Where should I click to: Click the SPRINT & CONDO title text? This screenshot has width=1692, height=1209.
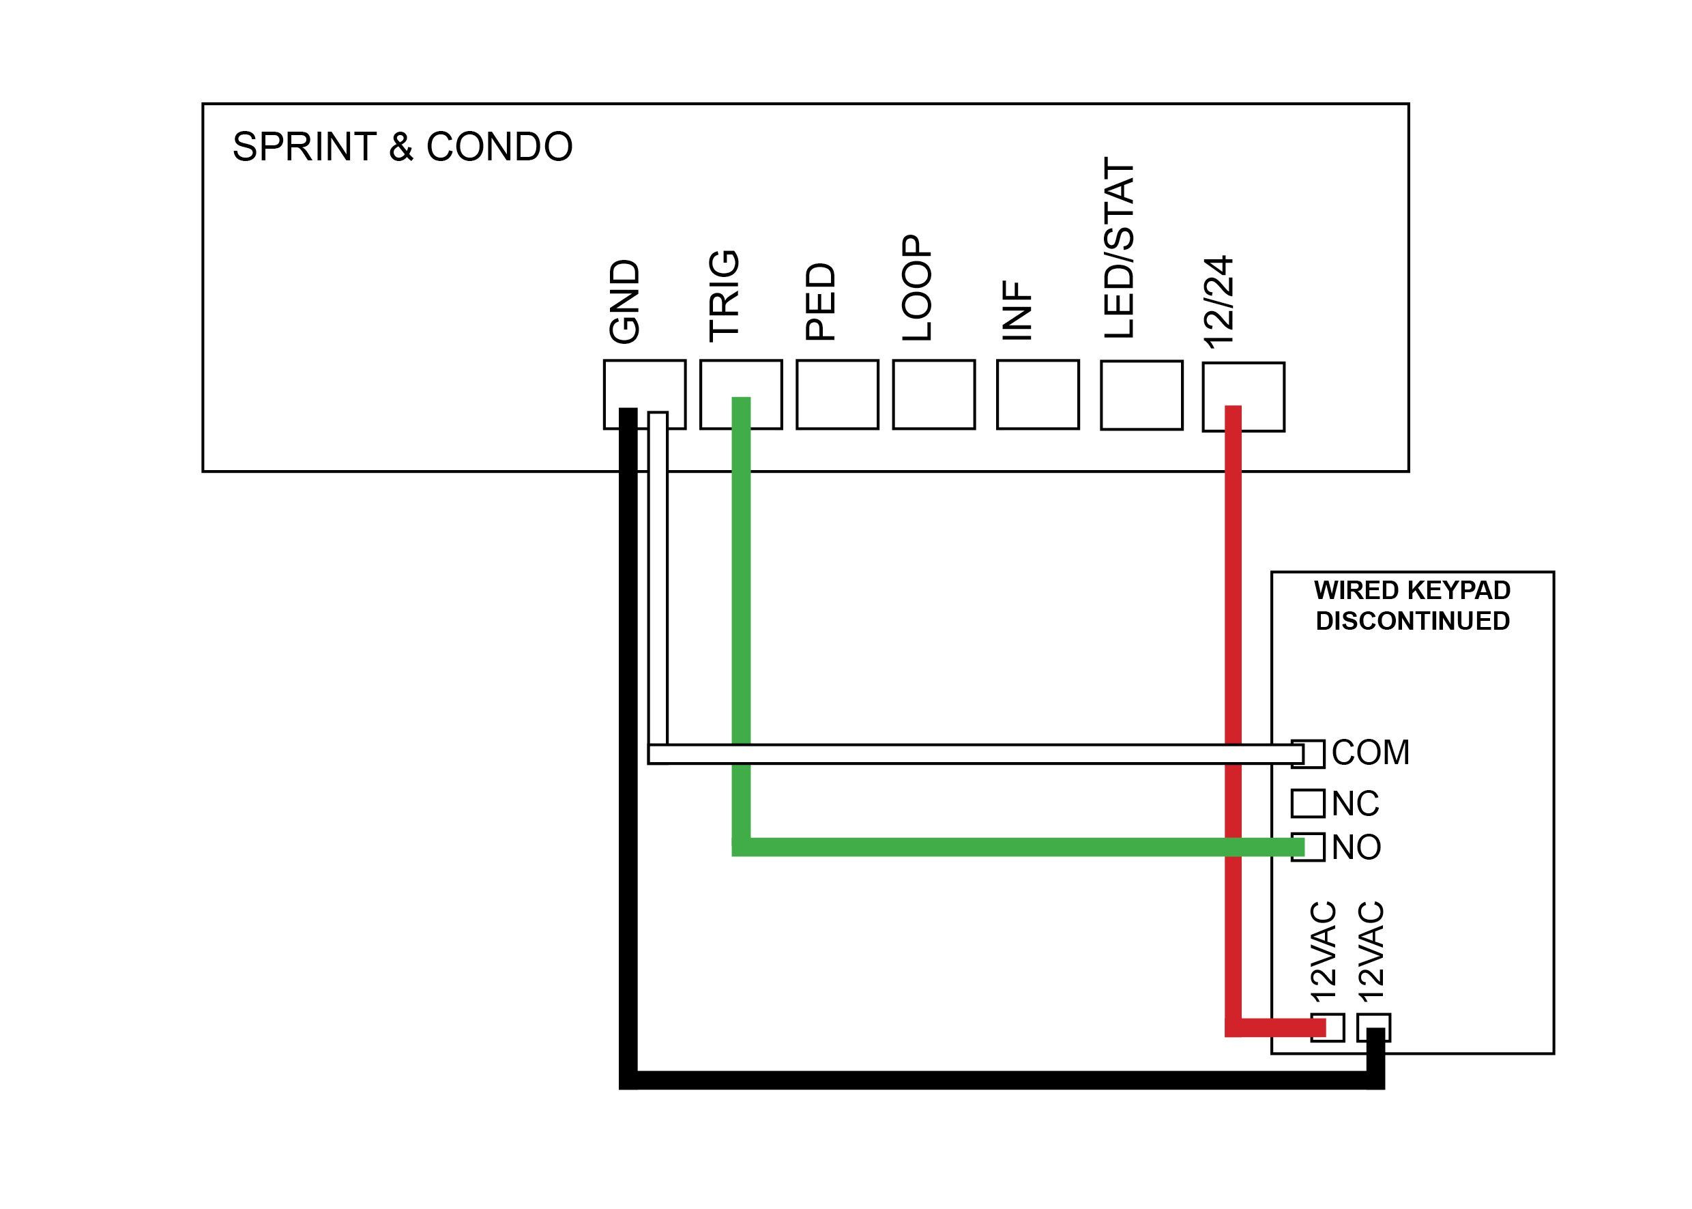coord(402,147)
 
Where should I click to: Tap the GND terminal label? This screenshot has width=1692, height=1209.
coord(624,302)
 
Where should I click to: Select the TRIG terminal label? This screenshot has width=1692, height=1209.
coord(724,295)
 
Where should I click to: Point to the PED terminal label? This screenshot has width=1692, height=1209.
coord(820,302)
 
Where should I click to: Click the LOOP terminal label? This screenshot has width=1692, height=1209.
coord(916,288)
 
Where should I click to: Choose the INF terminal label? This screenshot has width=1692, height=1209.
coord(1017,310)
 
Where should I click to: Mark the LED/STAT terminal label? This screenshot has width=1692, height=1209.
coord(1119,248)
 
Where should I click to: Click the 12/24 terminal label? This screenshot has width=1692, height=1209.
coord(1219,302)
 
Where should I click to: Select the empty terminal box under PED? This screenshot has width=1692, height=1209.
coord(836,394)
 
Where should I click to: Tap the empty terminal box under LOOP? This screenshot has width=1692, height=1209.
coord(933,394)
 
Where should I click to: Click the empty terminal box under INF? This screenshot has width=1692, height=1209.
coord(1037,394)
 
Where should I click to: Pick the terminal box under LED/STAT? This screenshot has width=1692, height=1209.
coord(1141,395)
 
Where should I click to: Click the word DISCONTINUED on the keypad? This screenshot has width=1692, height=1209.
coord(1412,621)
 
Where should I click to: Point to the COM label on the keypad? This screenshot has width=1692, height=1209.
coord(1371,753)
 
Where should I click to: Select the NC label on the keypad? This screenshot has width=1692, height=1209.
coord(1356,804)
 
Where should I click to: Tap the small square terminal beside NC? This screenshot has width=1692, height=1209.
coord(1307,804)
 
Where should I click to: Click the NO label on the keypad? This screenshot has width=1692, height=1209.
coord(1356,847)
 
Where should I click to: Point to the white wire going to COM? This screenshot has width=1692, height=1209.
coord(967,754)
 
